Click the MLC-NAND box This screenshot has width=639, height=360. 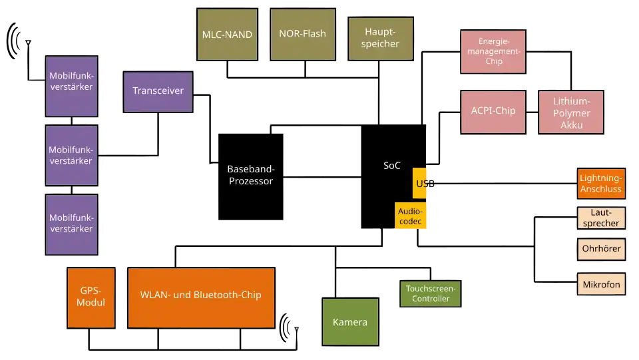[x=228, y=35]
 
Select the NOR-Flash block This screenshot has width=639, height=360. [x=302, y=34]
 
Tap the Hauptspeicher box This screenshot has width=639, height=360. [x=381, y=38]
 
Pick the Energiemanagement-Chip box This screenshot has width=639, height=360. [x=493, y=51]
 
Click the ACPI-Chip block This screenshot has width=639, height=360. [x=493, y=111]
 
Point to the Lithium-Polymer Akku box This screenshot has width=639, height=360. [x=572, y=112]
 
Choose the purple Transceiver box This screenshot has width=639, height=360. [x=158, y=91]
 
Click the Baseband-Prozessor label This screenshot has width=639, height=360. [x=250, y=175]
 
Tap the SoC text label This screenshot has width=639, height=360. [x=392, y=166]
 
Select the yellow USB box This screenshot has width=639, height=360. [x=421, y=183]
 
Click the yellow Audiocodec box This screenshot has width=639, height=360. [x=411, y=216]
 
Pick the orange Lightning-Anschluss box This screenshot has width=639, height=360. [x=600, y=183]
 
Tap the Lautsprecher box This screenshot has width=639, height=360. [x=600, y=218]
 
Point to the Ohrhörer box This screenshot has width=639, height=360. [x=601, y=249]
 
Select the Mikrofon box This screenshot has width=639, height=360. [x=601, y=284]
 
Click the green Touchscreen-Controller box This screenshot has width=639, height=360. [x=431, y=293]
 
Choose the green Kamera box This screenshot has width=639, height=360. [x=350, y=322]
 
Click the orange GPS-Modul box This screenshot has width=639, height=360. [x=91, y=297]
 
